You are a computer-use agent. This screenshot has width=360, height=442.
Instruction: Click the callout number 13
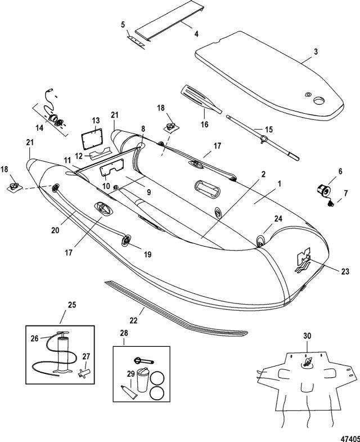pos(96,120)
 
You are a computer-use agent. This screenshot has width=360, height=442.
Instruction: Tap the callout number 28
pos(123,334)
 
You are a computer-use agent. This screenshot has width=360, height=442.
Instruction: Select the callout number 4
pos(196,34)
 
